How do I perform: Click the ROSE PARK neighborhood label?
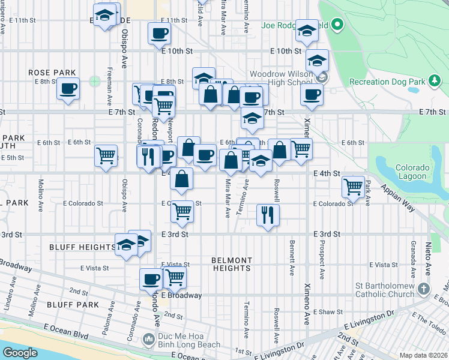[52, 73]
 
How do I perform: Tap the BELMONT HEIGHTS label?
[231, 264]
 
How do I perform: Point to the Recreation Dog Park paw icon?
[433, 81]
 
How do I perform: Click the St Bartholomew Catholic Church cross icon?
[424, 289]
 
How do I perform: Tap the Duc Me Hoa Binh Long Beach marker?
[149, 340]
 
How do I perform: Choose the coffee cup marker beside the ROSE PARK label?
[68, 89]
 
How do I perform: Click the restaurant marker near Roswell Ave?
[268, 214]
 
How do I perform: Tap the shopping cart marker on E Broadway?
[175, 277]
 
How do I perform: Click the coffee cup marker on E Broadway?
[151, 278]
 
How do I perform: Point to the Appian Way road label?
[397, 198]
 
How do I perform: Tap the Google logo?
[20, 353]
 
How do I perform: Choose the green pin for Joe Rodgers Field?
[337, 25]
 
